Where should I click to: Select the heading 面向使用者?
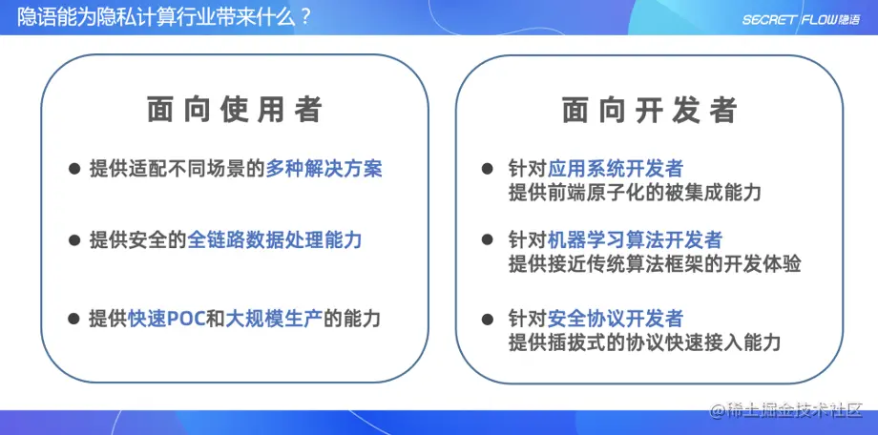235,110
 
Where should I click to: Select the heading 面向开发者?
649,110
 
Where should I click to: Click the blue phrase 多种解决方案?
324,169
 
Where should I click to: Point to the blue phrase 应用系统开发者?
616,169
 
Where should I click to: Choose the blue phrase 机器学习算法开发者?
635,240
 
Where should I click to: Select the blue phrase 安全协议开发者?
616,319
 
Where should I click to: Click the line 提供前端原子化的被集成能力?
635,194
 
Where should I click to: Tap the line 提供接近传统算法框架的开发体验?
654,264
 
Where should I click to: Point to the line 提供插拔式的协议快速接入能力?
645,342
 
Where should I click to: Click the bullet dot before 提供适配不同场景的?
73,169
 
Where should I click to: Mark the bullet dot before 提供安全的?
73,240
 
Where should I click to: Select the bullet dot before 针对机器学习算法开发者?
489,240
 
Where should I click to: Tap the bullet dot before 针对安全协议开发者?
489,319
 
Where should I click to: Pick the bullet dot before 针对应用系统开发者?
489,169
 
